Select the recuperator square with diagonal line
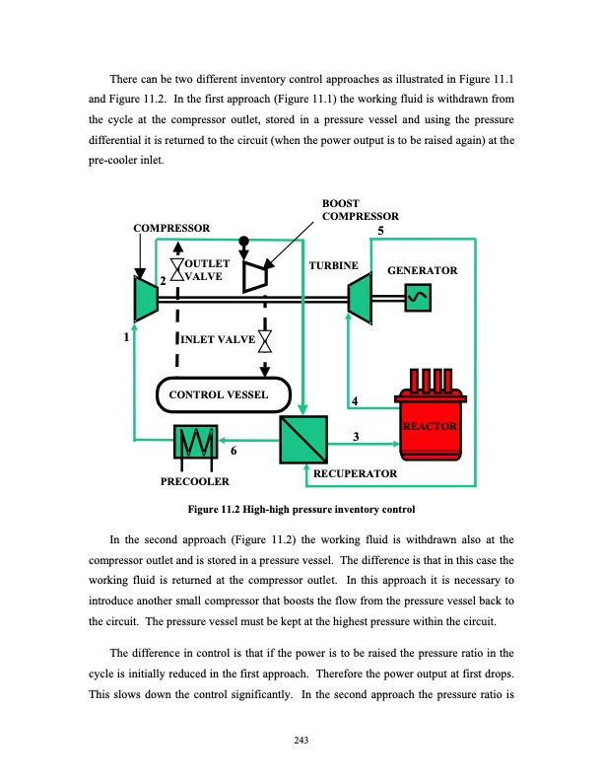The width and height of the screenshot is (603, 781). [x=303, y=438]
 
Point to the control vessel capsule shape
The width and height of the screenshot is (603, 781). [x=225, y=394]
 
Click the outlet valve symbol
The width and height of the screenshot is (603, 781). [x=177, y=271]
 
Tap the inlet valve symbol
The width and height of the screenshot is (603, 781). [x=265, y=341]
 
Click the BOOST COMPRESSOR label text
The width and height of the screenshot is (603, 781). [x=360, y=209]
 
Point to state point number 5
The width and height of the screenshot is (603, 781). [x=381, y=231]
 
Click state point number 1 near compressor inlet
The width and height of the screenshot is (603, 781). [x=126, y=337]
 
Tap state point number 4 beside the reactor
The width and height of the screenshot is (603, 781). [x=355, y=399]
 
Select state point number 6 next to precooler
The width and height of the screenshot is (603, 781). [x=233, y=451]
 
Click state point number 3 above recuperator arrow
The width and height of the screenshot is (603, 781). [x=355, y=436]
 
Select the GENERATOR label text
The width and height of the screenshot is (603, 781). [x=423, y=269]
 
